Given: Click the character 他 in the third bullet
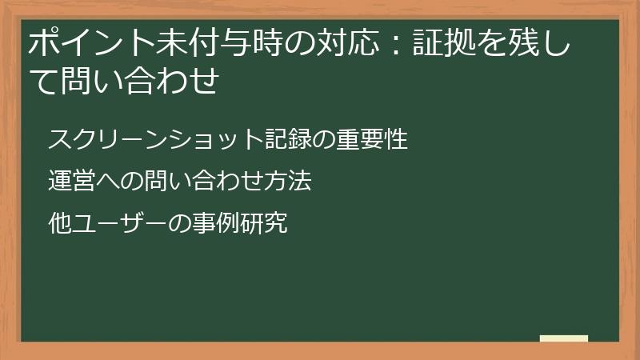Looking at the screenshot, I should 60,223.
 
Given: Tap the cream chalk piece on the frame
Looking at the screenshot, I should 563,338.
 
